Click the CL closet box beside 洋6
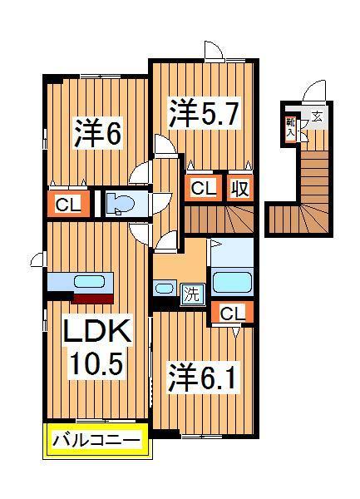[x=68, y=203]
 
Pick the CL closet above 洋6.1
[x=232, y=314]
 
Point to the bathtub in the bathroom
[x=232, y=279]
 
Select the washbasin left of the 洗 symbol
[x=164, y=289]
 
